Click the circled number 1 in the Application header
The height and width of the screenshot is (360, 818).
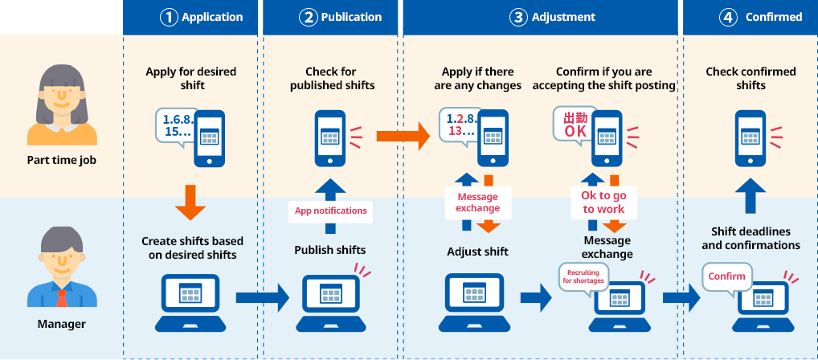click(169, 17)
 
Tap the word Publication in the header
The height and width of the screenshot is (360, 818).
click(352, 17)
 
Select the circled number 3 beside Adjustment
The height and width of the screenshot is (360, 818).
click(518, 17)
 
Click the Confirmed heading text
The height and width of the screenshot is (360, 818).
click(774, 17)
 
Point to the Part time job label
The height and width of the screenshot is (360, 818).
click(62, 160)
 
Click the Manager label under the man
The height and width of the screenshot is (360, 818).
click(62, 325)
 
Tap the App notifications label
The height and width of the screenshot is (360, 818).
click(330, 211)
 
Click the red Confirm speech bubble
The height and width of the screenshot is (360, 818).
click(727, 276)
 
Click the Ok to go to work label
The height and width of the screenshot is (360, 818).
click(603, 202)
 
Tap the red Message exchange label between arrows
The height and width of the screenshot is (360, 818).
click(477, 202)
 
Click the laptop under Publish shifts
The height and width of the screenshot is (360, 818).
click(329, 302)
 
